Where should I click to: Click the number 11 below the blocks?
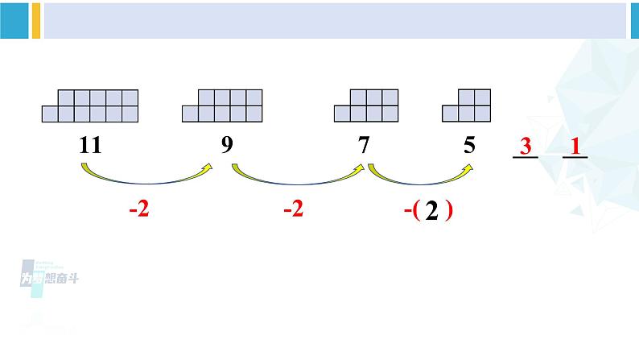click(x=90, y=146)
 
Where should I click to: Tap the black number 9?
click(x=227, y=146)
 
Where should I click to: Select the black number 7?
click(x=365, y=146)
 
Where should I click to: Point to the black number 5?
click(x=470, y=146)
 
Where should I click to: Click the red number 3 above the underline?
click(x=526, y=147)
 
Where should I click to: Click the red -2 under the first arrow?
click(x=140, y=211)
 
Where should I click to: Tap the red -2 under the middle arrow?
click(x=294, y=211)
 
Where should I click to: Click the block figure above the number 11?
click(x=90, y=106)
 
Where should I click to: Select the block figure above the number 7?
click(x=366, y=106)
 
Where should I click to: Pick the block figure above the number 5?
click(x=467, y=106)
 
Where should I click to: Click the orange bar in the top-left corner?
click(x=35, y=20)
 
